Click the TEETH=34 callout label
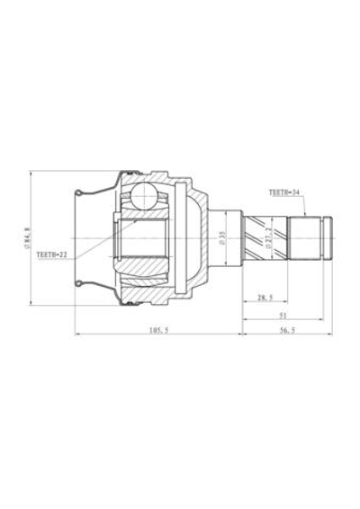coord(285,192)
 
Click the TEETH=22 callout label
coord(52,255)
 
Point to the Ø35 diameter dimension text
coord(220,239)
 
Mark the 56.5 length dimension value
coord(286,330)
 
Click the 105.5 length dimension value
coord(157,330)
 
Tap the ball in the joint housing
coord(144,196)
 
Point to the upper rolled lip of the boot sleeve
coord(81,192)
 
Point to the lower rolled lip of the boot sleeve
coord(81,285)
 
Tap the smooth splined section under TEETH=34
coord(305,238)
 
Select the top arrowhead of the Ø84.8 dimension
coord(31,172)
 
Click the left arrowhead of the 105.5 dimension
coord(76,335)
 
